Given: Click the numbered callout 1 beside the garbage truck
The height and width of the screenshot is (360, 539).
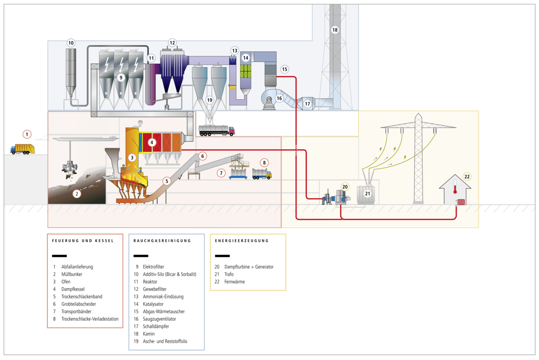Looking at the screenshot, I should point(27,135).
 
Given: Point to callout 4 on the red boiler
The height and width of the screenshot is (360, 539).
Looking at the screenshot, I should point(152,142).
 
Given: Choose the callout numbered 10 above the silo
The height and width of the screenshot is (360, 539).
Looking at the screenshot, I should point(71,43).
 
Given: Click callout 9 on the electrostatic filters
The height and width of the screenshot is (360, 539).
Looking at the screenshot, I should point(121,77).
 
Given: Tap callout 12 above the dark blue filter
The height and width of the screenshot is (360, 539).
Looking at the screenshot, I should point(172,42).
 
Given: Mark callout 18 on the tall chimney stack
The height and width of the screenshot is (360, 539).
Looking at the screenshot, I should point(335,30).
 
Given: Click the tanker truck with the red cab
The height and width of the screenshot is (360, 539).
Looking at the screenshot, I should point(216,129).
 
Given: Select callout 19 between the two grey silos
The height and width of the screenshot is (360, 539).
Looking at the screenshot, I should point(209,100).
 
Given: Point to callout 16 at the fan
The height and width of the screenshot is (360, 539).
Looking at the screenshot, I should point(279,98).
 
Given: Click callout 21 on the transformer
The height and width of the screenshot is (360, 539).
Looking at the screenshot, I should point(368,193).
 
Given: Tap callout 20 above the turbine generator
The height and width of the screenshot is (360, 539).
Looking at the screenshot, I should point(344,186).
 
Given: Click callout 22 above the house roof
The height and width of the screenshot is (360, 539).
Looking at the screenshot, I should point(467,177).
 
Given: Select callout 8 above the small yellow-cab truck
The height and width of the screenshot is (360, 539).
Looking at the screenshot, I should point(264,163).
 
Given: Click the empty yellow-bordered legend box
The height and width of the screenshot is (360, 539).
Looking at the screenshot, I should point(248,262).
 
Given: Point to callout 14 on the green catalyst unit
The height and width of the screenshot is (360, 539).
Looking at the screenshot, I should point(246,58).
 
